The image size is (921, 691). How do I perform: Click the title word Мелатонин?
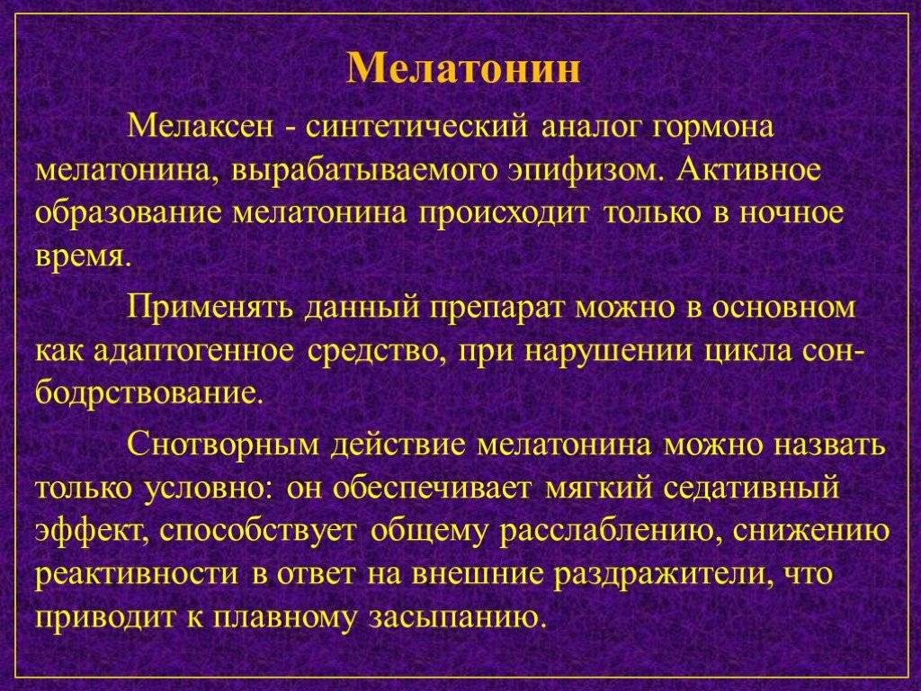[463, 68]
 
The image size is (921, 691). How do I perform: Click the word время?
[80, 258]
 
